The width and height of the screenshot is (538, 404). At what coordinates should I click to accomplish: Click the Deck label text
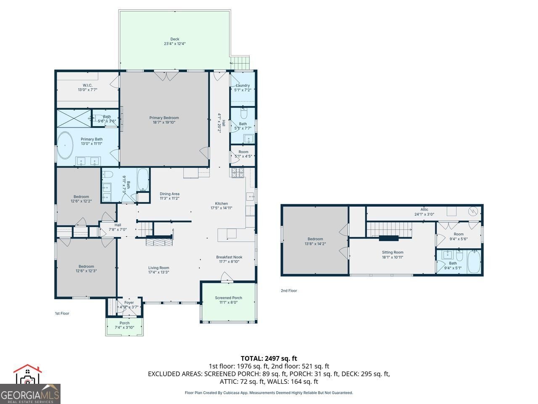(x=174, y=39)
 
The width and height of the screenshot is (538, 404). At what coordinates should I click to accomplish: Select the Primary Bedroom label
(x=164, y=118)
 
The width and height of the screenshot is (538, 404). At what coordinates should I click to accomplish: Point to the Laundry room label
(x=243, y=85)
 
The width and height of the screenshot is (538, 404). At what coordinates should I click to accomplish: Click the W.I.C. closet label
(x=87, y=85)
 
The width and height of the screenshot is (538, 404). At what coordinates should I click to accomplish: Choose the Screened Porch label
(x=228, y=298)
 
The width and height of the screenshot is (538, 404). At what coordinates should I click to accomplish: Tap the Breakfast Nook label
(x=229, y=257)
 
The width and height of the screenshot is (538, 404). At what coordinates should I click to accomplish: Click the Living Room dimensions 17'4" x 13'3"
(x=158, y=272)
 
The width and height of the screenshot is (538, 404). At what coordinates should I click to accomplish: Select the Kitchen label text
(x=222, y=203)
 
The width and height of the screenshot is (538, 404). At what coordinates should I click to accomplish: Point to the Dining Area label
(x=169, y=194)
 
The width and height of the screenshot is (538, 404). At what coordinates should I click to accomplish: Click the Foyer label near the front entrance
(x=129, y=303)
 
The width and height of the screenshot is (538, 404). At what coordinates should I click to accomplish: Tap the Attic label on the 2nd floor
(x=424, y=209)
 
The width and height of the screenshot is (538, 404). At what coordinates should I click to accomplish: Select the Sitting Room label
(x=393, y=252)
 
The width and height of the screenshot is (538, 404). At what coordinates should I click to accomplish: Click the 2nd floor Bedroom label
(x=315, y=239)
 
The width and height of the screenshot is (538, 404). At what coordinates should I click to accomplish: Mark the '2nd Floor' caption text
(x=289, y=290)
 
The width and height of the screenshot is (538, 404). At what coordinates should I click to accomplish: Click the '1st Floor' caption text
(x=62, y=313)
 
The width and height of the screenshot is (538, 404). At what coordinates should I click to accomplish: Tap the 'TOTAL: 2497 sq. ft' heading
(x=269, y=359)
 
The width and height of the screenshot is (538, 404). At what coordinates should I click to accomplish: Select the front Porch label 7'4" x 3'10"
(x=124, y=323)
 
